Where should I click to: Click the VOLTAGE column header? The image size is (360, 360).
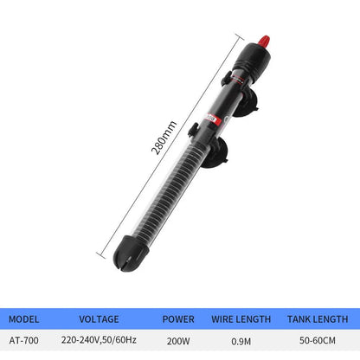98,318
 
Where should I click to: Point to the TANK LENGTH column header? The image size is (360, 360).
318,318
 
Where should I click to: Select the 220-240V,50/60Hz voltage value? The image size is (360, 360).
100,342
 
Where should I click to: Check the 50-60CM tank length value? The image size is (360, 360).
318,342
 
